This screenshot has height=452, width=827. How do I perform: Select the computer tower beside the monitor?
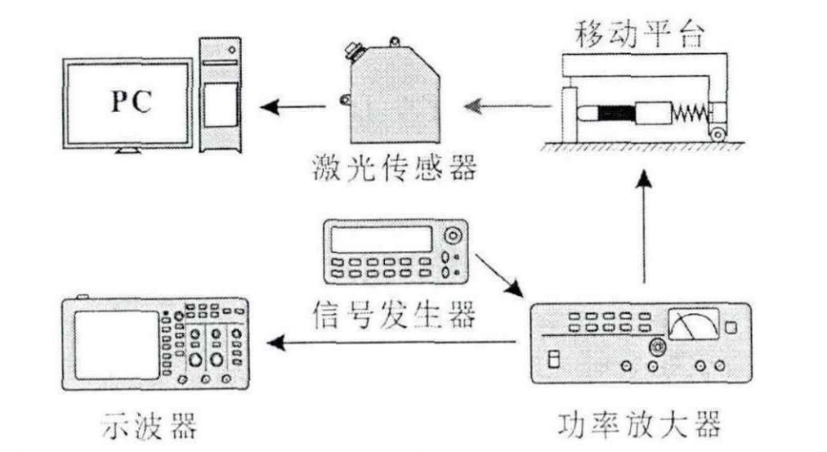[221, 93]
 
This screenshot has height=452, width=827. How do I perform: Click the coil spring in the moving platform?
[688, 110]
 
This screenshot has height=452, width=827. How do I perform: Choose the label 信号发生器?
[394, 312]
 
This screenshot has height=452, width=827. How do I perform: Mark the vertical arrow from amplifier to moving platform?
[646, 229]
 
